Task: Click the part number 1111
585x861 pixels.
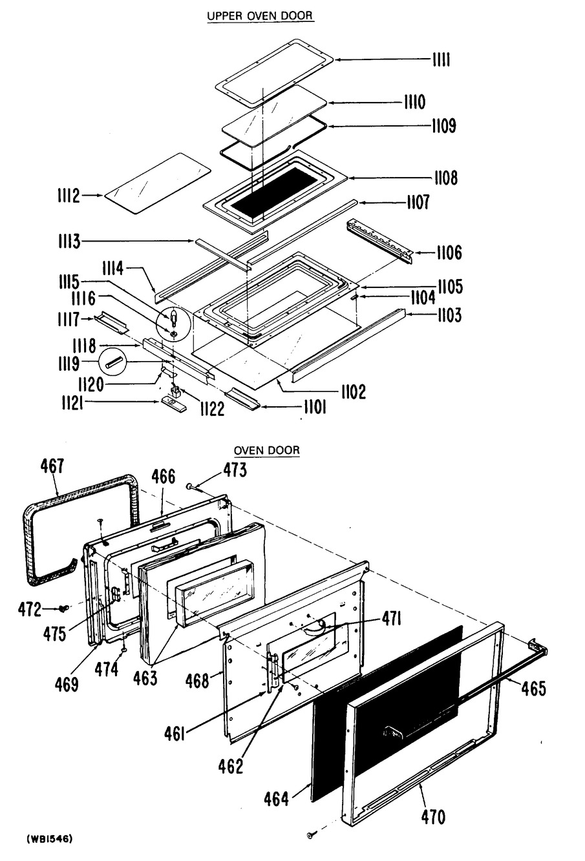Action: click(441, 60)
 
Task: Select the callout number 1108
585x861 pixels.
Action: click(445, 178)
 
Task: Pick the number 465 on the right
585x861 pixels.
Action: click(533, 688)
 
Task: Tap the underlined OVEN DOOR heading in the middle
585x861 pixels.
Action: click(267, 450)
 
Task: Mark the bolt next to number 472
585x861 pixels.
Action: click(64, 608)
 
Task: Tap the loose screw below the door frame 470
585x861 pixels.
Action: click(311, 836)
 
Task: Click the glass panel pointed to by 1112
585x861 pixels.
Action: click(158, 181)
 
